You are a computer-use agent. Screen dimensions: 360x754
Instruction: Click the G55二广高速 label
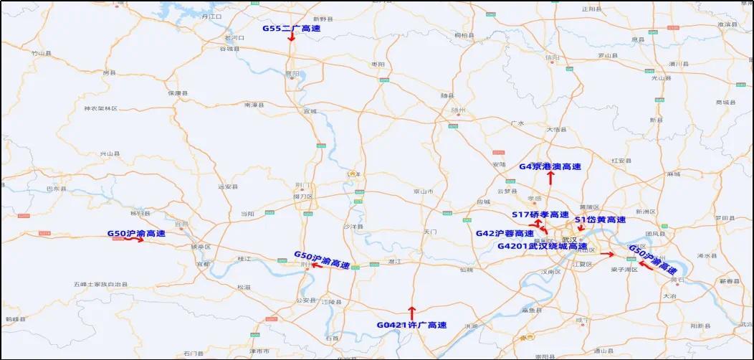tap(291, 29)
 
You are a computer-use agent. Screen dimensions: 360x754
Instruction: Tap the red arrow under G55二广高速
tap(292, 37)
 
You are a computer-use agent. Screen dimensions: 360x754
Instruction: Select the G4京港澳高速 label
tap(550, 166)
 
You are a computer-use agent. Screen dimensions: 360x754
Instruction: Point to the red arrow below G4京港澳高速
tap(550, 178)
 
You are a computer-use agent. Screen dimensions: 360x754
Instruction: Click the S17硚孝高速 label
tap(540, 215)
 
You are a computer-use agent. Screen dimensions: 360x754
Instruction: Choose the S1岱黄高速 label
tap(600, 219)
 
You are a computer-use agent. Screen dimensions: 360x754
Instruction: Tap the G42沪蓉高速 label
tap(505, 233)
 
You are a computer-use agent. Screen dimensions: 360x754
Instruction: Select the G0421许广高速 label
tap(411, 325)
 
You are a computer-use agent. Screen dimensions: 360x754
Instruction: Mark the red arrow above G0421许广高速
tap(411, 313)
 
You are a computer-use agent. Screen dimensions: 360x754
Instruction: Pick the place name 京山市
tap(424, 191)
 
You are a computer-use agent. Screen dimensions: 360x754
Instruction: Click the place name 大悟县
tap(556, 130)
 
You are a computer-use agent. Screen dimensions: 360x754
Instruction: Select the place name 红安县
tap(621, 161)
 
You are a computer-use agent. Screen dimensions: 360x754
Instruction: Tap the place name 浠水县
tap(707, 255)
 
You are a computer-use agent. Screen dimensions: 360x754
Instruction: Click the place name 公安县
tap(306, 300)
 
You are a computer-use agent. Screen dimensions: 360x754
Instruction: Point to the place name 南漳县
tap(254, 105)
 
